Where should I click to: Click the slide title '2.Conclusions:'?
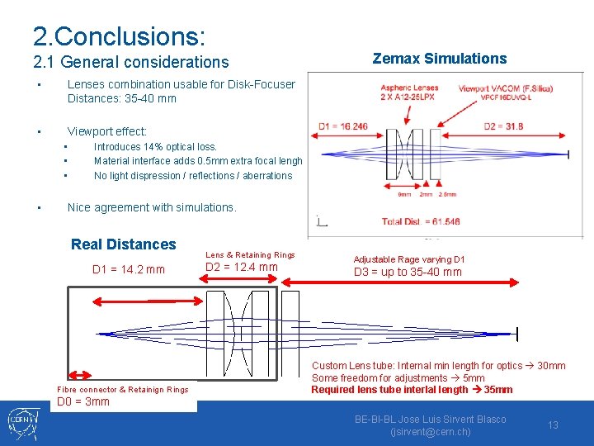pyautogui.click(x=119, y=36)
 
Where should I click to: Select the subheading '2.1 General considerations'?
pyautogui.click(x=131, y=62)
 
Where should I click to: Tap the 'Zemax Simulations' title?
pyautogui.click(x=440, y=59)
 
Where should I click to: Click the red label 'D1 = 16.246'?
pyautogui.click(x=343, y=126)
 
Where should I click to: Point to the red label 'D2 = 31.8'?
pyautogui.click(x=502, y=126)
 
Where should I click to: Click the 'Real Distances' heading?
pyautogui.click(x=124, y=244)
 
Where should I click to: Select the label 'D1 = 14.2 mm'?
pyautogui.click(x=128, y=269)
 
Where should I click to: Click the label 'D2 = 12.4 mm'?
pyautogui.click(x=241, y=267)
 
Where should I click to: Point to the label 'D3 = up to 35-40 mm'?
pyautogui.click(x=408, y=273)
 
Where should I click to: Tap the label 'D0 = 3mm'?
pyautogui.click(x=83, y=402)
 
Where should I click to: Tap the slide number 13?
pyautogui.click(x=553, y=425)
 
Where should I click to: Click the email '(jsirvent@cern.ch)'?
pyautogui.click(x=430, y=432)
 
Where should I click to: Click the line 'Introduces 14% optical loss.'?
pyautogui.click(x=155, y=147)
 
